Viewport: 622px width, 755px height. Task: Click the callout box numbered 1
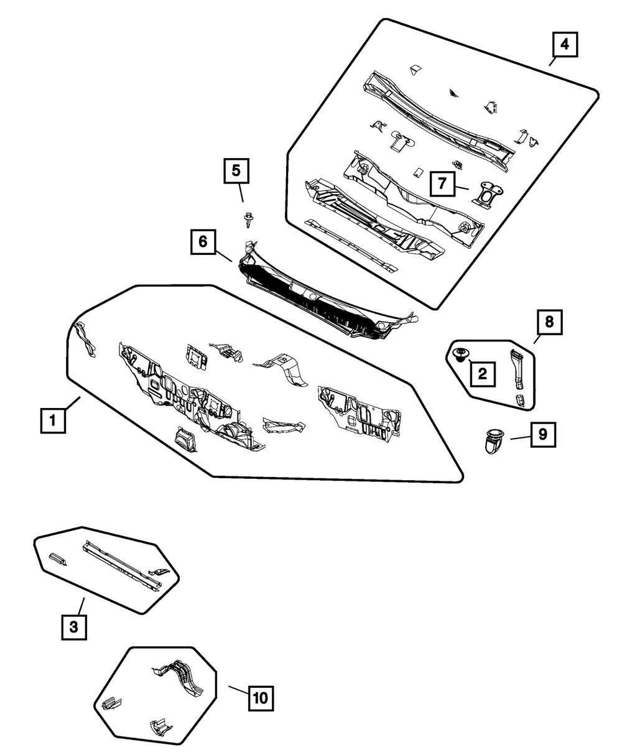coord(53,420)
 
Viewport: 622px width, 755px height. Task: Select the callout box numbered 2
coord(482,374)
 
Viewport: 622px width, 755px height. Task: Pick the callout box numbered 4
coord(564,45)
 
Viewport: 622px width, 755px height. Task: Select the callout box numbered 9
coord(543,435)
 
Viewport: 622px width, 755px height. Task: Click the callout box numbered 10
coord(261,698)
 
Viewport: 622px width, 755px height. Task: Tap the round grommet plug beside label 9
coord(494,440)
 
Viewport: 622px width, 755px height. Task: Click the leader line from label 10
coord(238,691)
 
